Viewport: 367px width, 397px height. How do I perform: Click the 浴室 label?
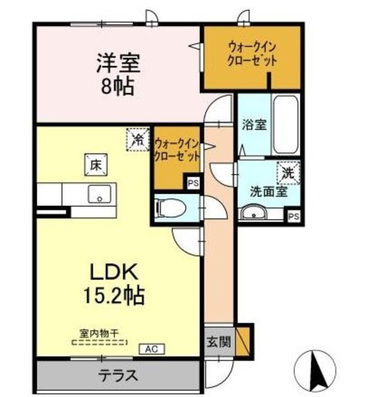point(254,124)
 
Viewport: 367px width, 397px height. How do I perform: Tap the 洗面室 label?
point(268,192)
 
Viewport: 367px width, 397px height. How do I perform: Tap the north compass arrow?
point(322,369)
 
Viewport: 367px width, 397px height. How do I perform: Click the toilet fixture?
point(168,208)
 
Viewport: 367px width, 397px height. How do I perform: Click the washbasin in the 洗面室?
point(254,215)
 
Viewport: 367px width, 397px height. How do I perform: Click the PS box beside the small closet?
point(193,183)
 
